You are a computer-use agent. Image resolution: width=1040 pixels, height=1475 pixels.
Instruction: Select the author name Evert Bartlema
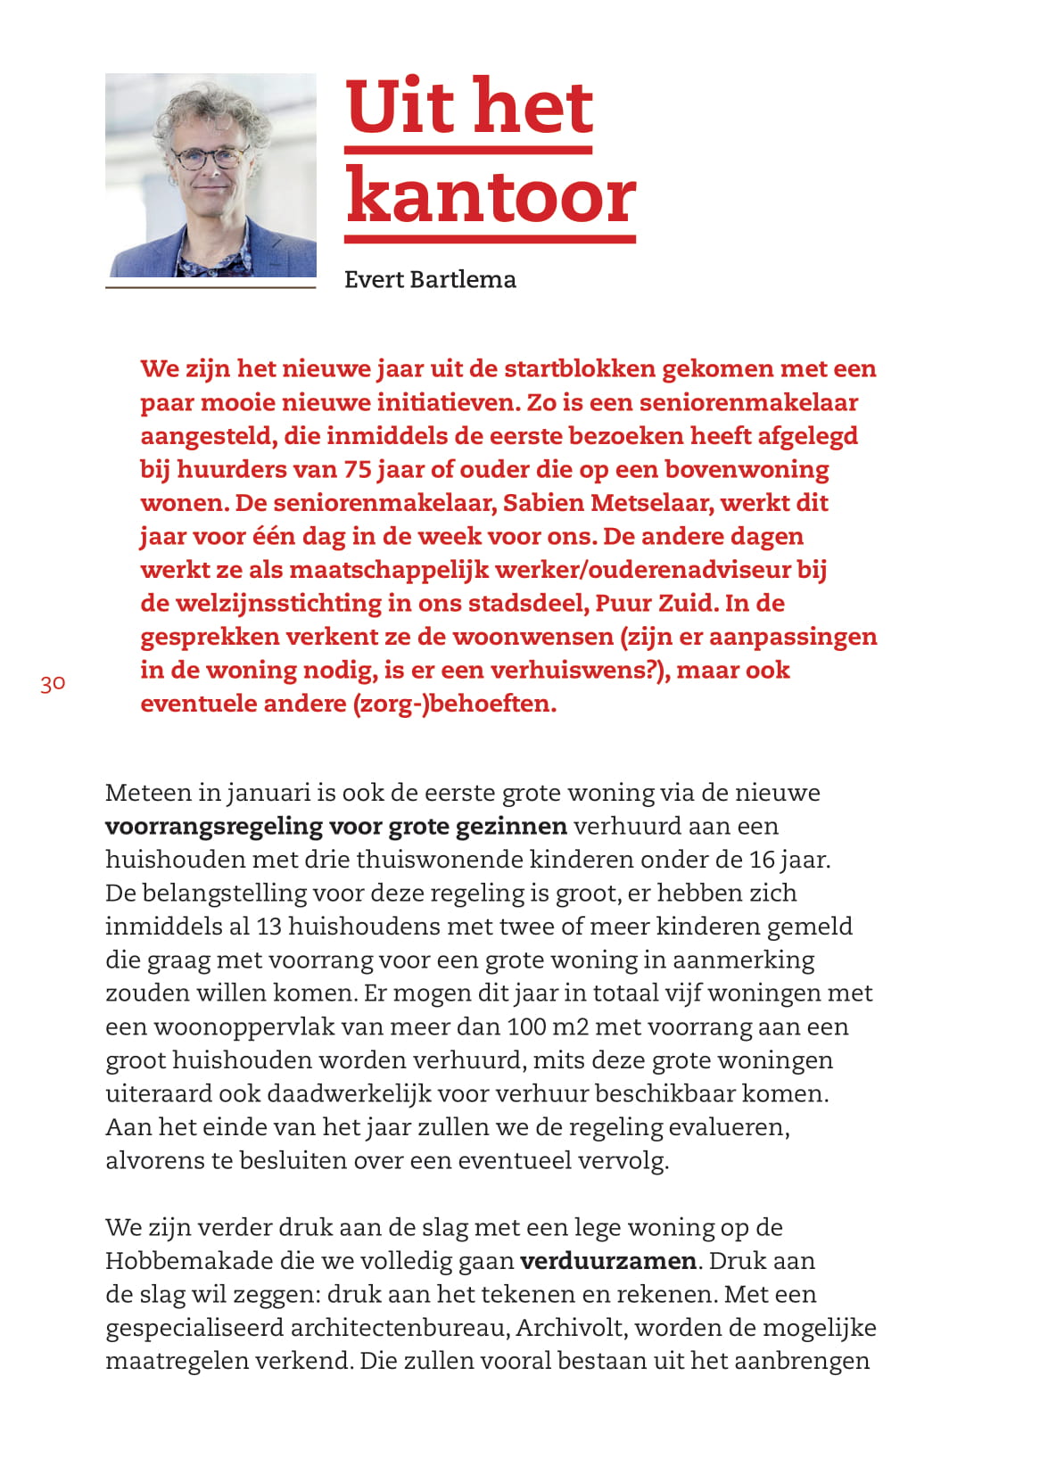click(x=430, y=279)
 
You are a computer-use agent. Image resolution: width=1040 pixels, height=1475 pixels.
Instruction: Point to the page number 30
click(x=53, y=684)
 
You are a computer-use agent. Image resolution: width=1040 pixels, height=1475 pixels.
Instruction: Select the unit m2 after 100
click(x=571, y=1026)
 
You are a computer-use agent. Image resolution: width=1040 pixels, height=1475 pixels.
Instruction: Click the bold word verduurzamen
click(x=608, y=1261)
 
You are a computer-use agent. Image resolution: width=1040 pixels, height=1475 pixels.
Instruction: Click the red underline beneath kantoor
click(x=491, y=239)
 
